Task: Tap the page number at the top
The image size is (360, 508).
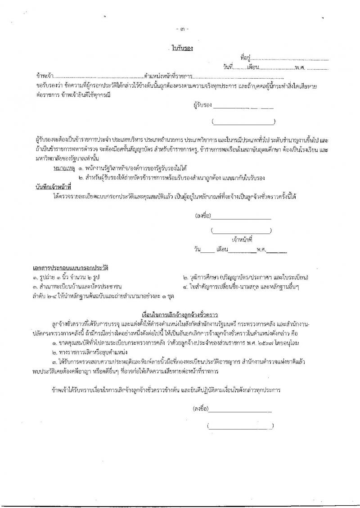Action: click(182, 29)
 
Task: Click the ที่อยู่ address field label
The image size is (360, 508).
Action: click(245, 58)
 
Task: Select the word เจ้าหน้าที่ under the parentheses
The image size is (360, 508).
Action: click(242, 239)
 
